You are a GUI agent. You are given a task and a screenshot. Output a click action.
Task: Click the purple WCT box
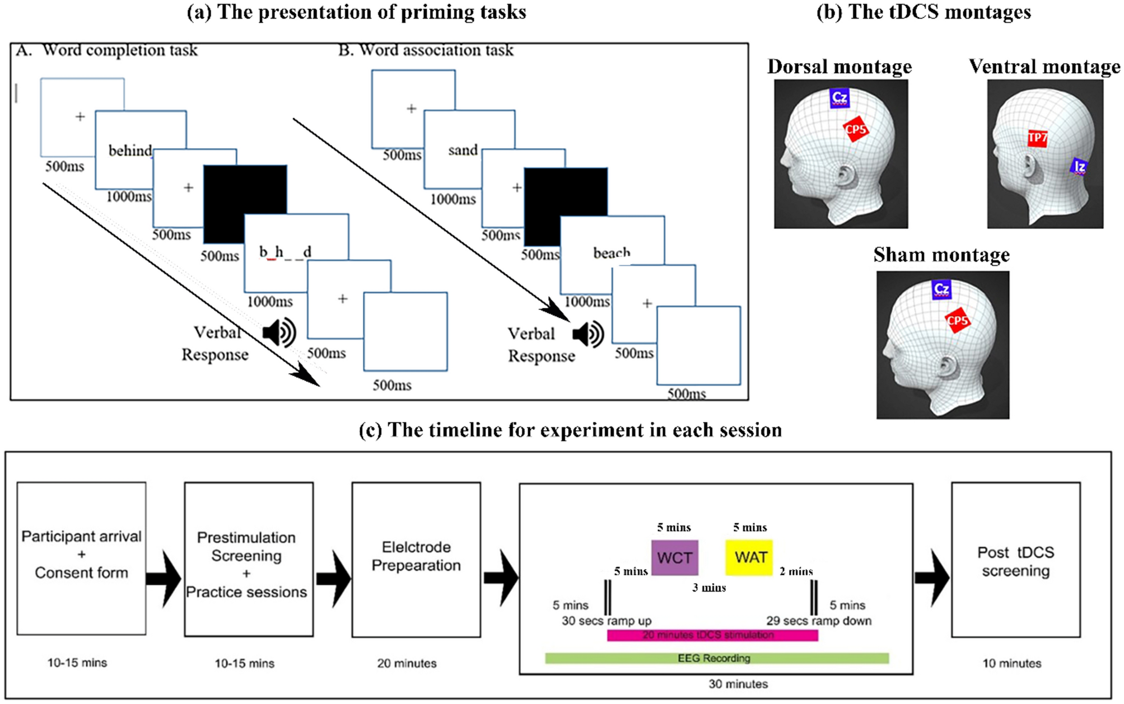pyautogui.click(x=674, y=557)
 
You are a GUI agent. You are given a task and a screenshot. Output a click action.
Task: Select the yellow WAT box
pyautogui.click(x=749, y=557)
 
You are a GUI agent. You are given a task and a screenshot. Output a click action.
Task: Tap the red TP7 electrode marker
pyautogui.click(x=1037, y=138)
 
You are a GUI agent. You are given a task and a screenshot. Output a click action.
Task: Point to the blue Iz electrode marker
pyautogui.click(x=1079, y=166)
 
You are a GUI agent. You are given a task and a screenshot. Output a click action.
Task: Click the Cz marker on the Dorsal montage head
pyautogui.click(x=839, y=98)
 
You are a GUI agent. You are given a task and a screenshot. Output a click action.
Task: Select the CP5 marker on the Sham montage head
pyautogui.click(x=957, y=320)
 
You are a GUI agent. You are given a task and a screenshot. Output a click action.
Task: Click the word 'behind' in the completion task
pyautogui.click(x=130, y=151)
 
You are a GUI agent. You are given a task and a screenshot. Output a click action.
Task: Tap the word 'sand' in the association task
pyautogui.click(x=463, y=150)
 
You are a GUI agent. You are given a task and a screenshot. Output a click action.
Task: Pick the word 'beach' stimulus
pyautogui.click(x=612, y=253)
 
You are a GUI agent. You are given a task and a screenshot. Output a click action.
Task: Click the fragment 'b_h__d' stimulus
pyautogui.click(x=285, y=252)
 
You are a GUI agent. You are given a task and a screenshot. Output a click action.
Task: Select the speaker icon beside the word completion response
pyautogui.click(x=279, y=332)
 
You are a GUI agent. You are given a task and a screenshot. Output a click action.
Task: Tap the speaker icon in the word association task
pyautogui.click(x=588, y=335)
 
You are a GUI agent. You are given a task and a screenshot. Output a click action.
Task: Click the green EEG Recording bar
pyautogui.click(x=716, y=658)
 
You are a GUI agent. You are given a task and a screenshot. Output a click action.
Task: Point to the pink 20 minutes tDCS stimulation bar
pyautogui.click(x=712, y=635)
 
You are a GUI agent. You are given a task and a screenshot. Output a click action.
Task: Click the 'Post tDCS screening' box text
pyautogui.click(x=1015, y=561)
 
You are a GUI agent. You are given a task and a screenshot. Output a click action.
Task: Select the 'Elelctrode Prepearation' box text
pyautogui.click(x=416, y=556)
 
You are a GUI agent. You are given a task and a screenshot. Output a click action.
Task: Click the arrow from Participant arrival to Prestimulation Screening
pyautogui.click(x=164, y=578)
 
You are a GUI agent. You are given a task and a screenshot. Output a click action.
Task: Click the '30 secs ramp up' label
pyautogui.click(x=607, y=621)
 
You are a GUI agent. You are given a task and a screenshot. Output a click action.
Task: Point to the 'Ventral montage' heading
pyautogui.click(x=1044, y=67)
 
